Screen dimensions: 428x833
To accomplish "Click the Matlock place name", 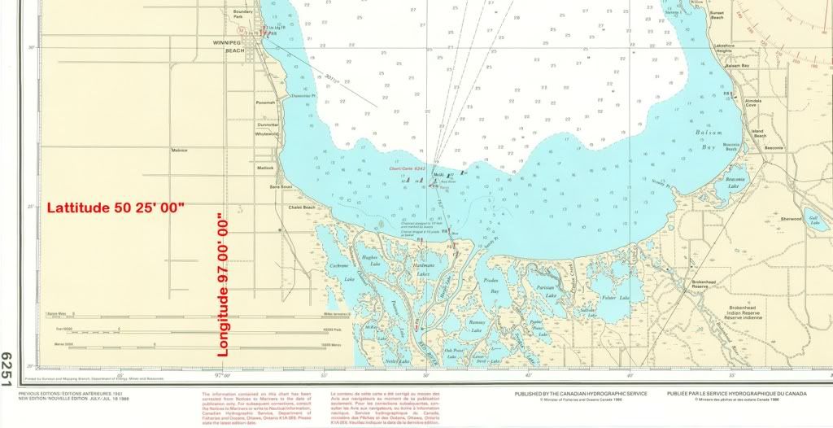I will [264, 168].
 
